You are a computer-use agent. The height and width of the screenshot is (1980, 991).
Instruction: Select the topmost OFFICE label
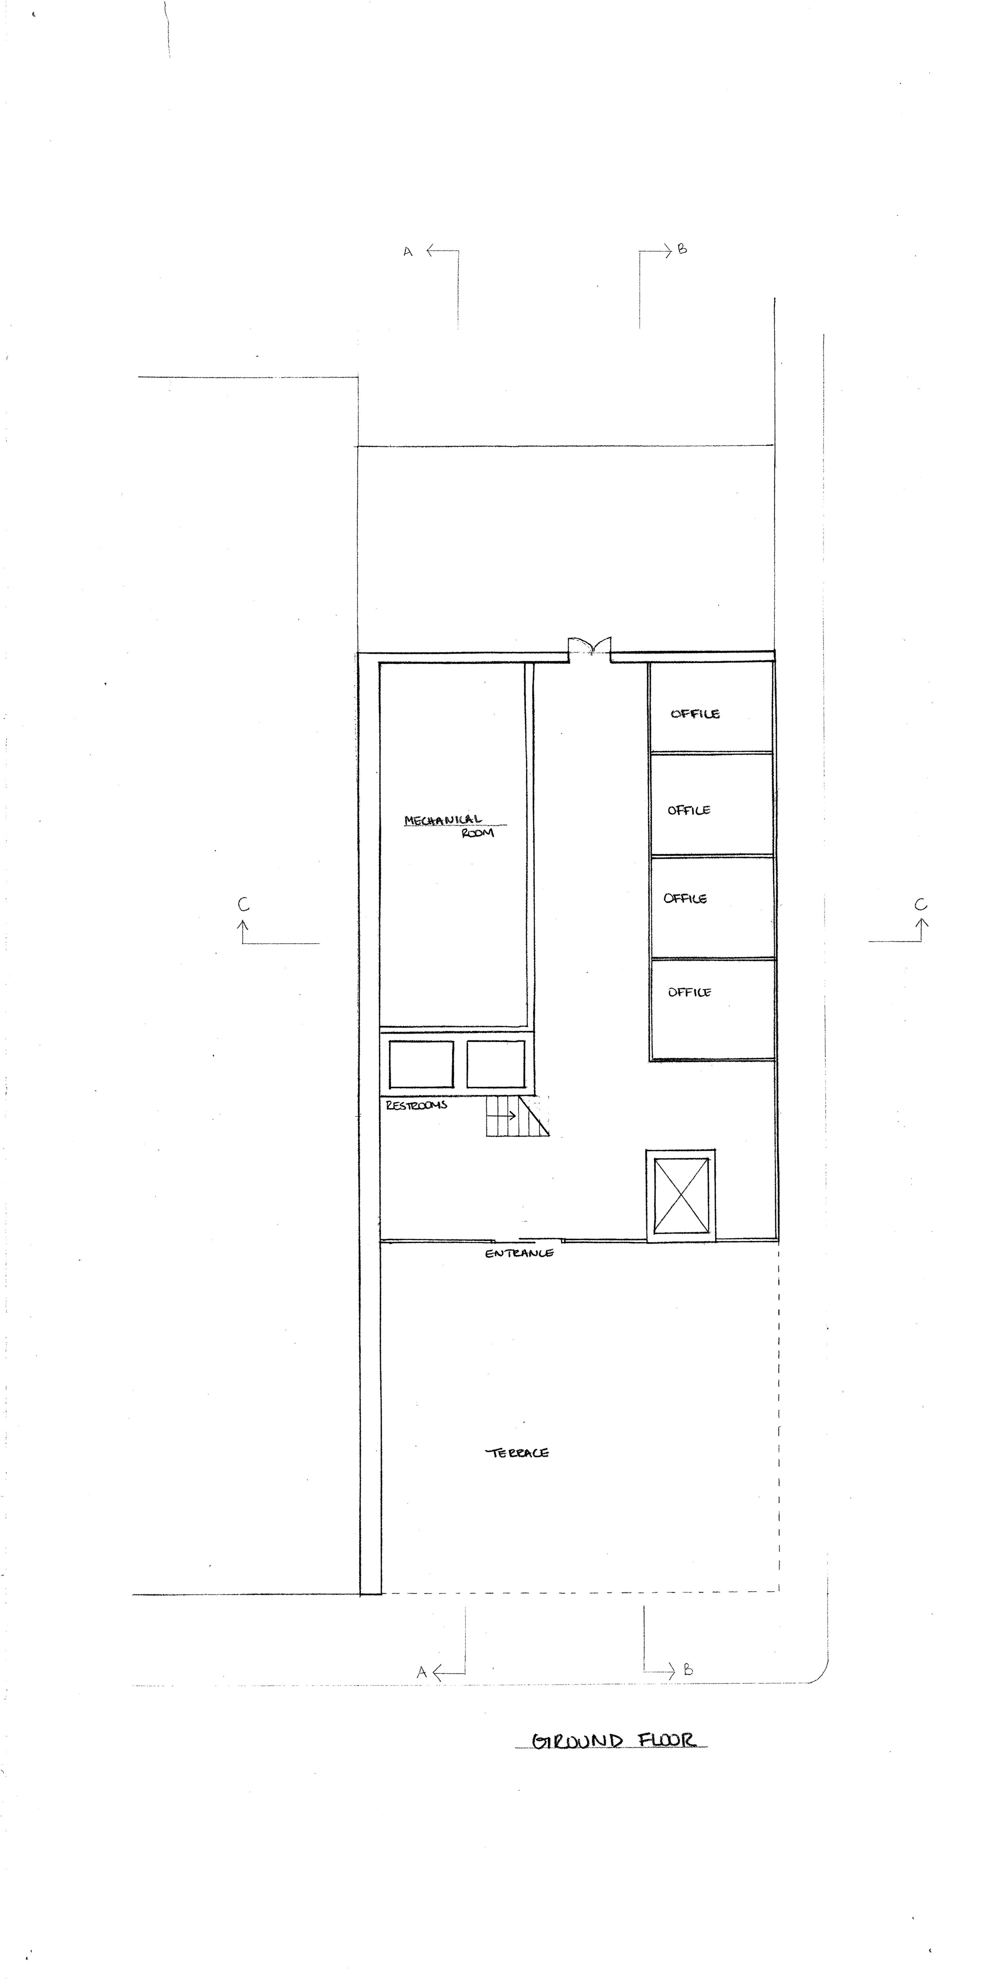695,713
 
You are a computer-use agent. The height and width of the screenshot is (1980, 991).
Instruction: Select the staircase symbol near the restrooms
517,1116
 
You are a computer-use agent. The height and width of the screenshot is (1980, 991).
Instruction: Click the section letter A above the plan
408,251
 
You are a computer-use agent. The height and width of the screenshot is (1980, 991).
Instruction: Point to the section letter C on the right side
920,905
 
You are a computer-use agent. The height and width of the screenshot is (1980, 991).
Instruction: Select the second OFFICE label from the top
689,810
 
